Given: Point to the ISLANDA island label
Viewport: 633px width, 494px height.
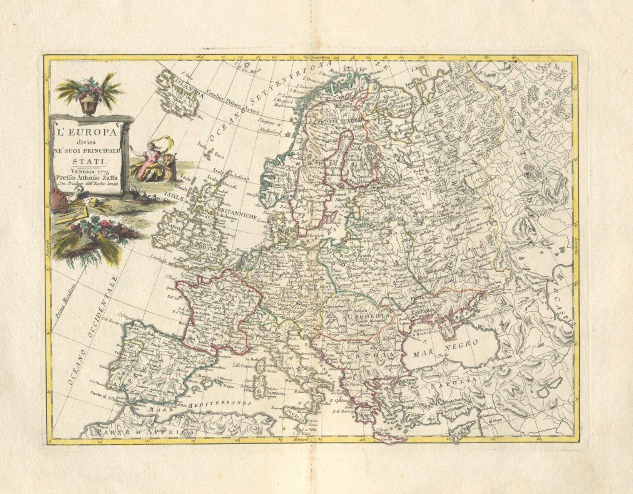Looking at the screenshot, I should click(188, 87).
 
